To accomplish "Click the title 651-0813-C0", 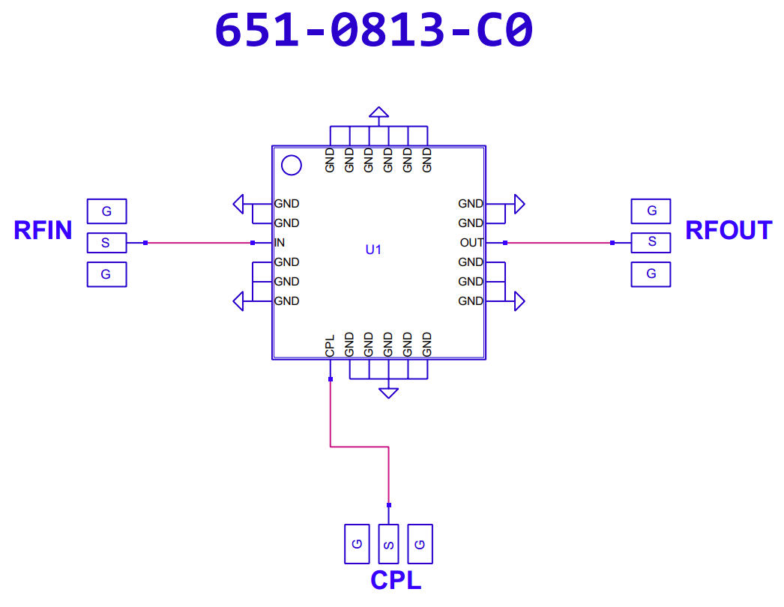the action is [374, 30].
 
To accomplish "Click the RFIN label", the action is [43, 231].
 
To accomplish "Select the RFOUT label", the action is [729, 231].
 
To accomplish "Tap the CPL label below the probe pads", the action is [396, 581].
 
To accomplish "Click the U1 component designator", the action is [373, 250].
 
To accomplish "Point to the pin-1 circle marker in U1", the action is [292, 165].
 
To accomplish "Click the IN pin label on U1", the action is [280, 243].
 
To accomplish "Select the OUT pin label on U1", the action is [471, 243].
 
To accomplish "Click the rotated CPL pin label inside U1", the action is [330, 346].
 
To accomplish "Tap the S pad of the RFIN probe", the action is [107, 243].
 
